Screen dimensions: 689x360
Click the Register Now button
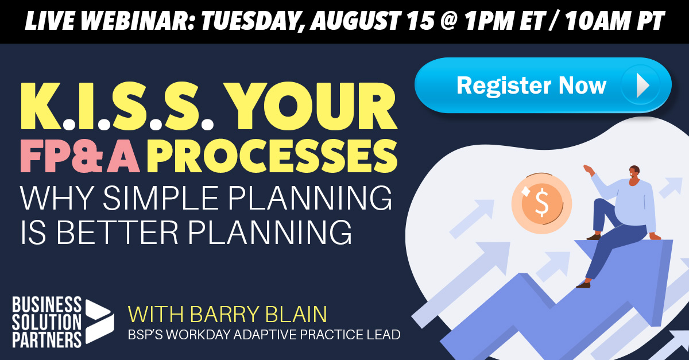coord(543,85)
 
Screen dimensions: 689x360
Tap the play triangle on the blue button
coord(643,85)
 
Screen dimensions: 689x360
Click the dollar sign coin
coord(541,203)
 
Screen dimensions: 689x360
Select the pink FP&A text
coord(80,156)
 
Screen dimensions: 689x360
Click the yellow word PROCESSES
coord(272,156)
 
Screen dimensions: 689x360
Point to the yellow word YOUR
coord(310,106)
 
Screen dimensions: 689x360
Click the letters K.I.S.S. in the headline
coord(117,106)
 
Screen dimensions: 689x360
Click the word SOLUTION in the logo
coord(47,322)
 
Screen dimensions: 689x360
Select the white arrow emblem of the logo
coord(100,322)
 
